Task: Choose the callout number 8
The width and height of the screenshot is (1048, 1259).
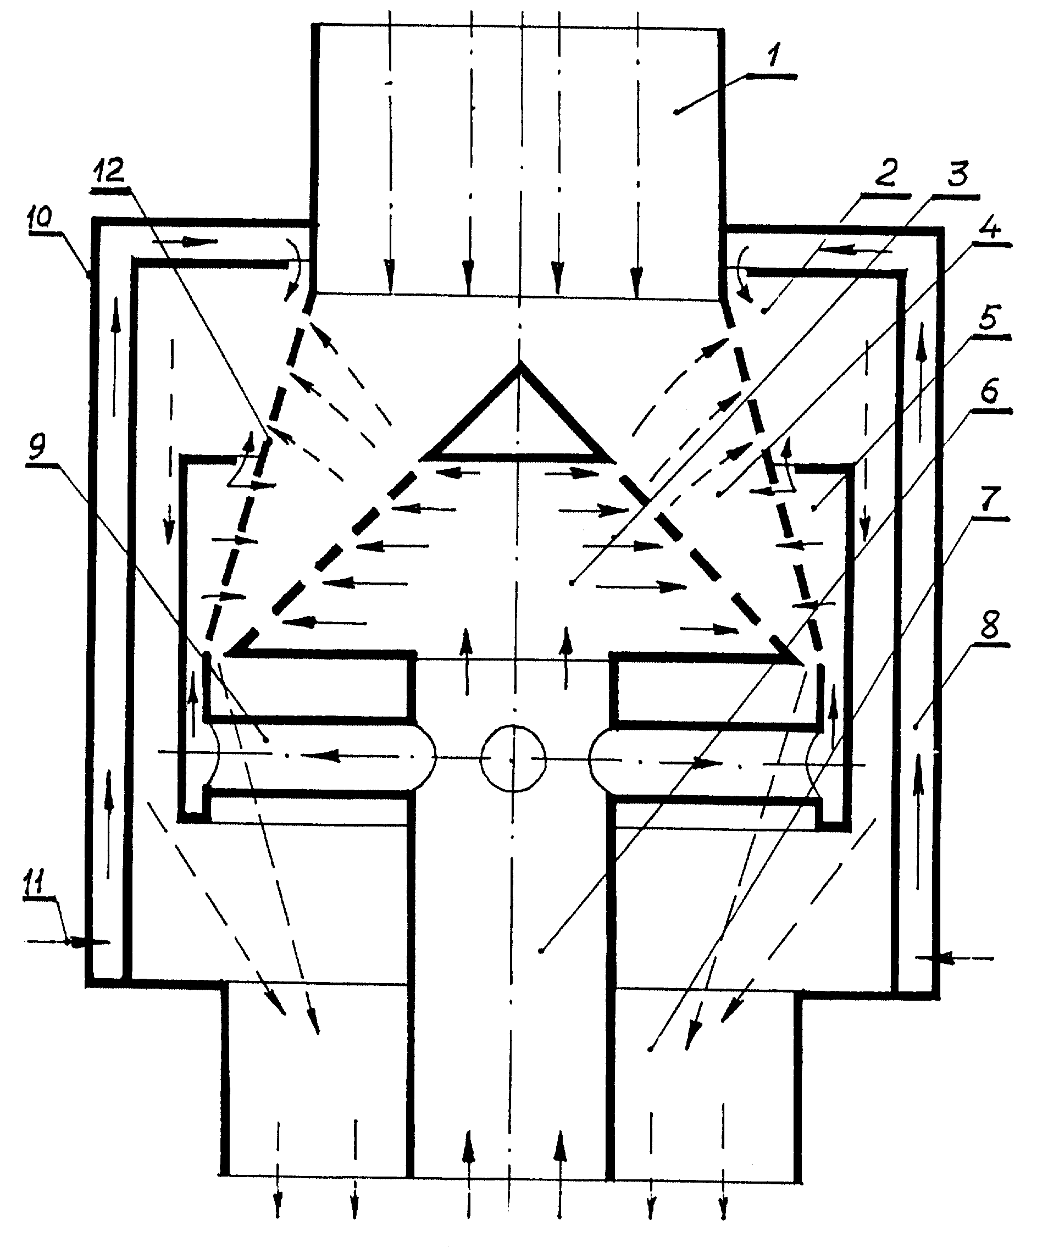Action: [989, 625]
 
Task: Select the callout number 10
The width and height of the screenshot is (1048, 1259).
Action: [39, 215]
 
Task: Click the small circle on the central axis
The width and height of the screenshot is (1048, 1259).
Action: [513, 759]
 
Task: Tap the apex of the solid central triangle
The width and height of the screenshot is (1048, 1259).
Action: [519, 364]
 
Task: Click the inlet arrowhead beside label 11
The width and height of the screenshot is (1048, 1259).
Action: [77, 942]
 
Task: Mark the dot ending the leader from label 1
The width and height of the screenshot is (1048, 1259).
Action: [677, 112]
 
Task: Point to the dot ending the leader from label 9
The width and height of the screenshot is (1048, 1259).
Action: [265, 740]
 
